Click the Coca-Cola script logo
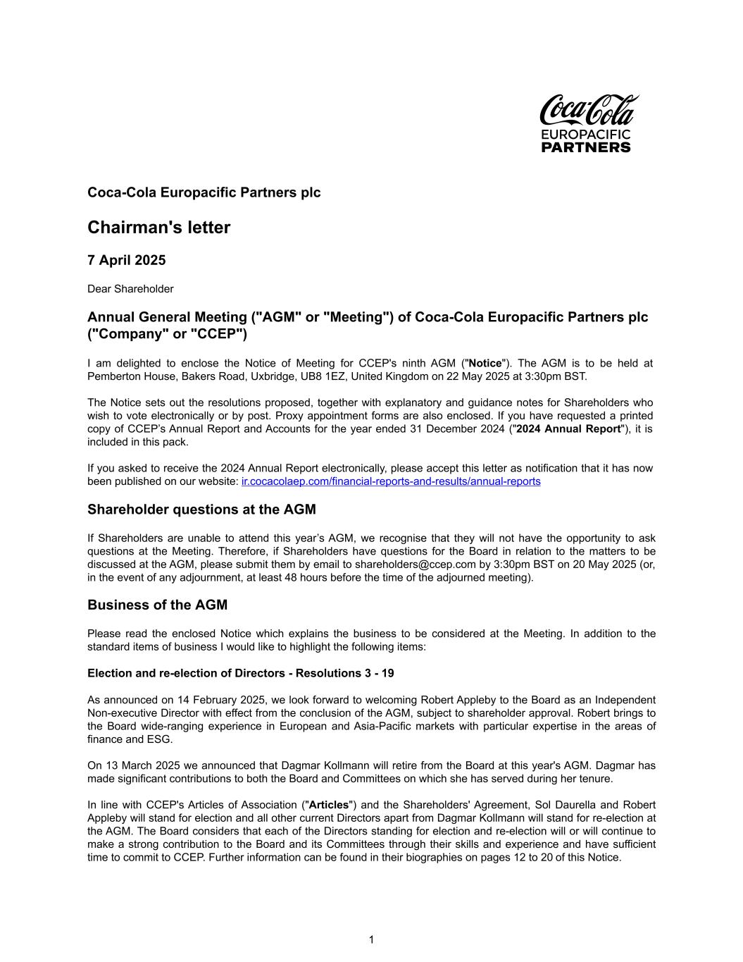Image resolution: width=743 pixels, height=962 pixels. click(x=589, y=110)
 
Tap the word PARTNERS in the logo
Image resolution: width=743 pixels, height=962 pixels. click(x=586, y=147)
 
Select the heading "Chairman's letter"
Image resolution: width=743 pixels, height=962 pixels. click(x=158, y=228)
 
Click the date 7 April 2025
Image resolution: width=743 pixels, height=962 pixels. click(x=126, y=260)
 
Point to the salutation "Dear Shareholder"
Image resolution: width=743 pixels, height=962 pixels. click(x=130, y=289)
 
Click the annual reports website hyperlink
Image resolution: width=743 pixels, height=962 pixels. click(x=391, y=481)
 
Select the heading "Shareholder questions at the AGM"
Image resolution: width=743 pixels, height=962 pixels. click(x=201, y=510)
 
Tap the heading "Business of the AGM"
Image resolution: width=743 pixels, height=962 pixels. click(x=157, y=605)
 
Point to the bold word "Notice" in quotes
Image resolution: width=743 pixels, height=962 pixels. click(x=485, y=364)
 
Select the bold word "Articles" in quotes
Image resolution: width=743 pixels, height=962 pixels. click(x=329, y=805)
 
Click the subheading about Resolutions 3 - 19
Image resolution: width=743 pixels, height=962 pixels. click(x=240, y=673)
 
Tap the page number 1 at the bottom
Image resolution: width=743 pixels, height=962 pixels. click(x=371, y=939)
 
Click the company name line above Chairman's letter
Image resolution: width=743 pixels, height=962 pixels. click(x=204, y=192)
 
